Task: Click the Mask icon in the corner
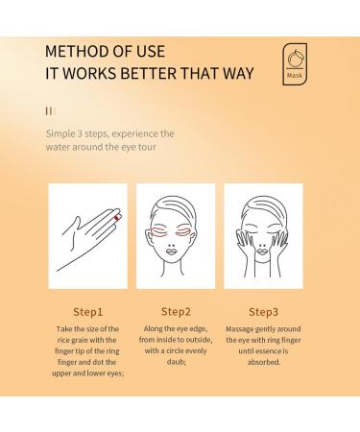[295, 64]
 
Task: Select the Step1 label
[88, 312]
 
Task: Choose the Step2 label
[176, 312]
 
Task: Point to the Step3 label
[263, 312]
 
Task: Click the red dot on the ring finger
[117, 218]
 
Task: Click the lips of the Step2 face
[172, 252]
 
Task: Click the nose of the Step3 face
[262, 246]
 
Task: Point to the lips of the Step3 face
[262, 252]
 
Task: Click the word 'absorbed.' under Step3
[264, 362]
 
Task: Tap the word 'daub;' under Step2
[176, 362]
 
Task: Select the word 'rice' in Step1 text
[63, 340]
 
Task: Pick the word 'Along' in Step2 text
[153, 329]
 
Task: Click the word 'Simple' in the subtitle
[60, 133]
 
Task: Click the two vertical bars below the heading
[49, 111]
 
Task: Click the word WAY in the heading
[238, 73]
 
